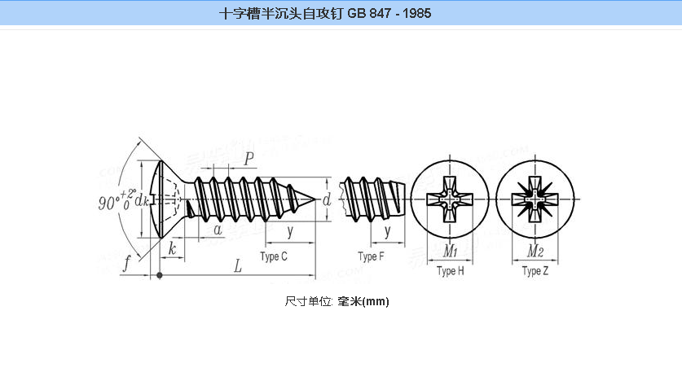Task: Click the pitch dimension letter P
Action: coord(248,157)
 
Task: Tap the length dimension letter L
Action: coord(238,265)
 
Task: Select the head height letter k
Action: coord(173,248)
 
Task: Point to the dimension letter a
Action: coord(218,230)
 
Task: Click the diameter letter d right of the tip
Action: coord(326,199)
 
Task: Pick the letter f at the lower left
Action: coord(127,263)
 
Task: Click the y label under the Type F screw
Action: coord(388,231)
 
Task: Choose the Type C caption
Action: coord(274,257)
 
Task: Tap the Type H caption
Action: coord(451,272)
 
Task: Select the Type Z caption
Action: coord(535,272)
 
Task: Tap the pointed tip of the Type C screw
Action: coord(318,199)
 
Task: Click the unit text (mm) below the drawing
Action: coord(376,301)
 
